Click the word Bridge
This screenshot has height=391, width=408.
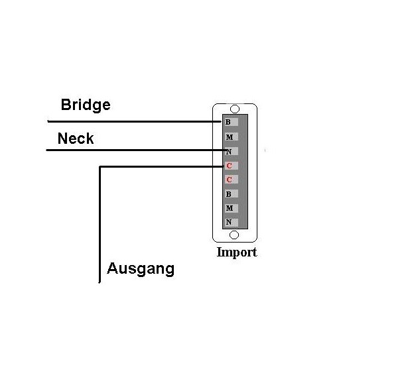(86, 105)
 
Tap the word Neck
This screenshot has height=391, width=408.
(76, 139)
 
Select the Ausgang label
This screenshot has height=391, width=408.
(141, 269)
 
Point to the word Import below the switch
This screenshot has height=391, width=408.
(237, 252)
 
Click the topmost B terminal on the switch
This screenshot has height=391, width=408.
(232, 122)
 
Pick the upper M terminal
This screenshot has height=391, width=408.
(232, 137)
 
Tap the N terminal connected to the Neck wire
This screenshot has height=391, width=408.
(232, 151)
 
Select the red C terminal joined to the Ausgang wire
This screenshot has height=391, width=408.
(232, 166)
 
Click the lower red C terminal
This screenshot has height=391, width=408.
(232, 180)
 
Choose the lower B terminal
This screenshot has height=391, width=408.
(232, 194)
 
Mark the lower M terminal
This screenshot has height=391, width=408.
(232, 208)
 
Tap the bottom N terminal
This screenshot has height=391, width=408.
(232, 222)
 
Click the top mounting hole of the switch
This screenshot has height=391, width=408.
(235, 109)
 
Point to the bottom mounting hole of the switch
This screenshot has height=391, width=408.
(234, 235)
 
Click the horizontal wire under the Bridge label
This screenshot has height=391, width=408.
(134, 121)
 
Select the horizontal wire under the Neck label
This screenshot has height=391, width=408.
(136, 150)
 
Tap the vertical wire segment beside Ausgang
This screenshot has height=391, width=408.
(100, 225)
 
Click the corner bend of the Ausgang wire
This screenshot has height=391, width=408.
(100, 166)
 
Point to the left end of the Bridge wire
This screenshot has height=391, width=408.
(48, 121)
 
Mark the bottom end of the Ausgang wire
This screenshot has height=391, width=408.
(100, 282)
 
